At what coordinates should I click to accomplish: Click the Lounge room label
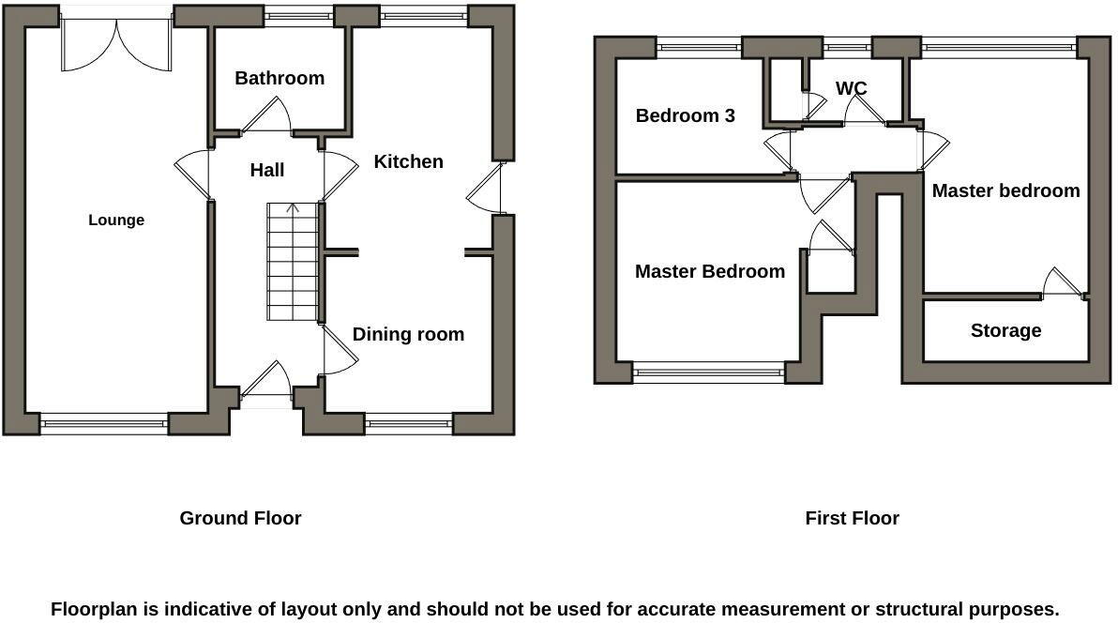click(x=116, y=220)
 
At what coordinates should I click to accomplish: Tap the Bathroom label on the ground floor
click(x=279, y=78)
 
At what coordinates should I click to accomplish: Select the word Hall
click(x=267, y=170)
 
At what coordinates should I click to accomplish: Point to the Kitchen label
click(x=408, y=161)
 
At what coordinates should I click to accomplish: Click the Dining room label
click(x=408, y=335)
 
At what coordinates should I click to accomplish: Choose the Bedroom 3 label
click(x=685, y=115)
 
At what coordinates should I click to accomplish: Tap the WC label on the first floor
click(x=851, y=88)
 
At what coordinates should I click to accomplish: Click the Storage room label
click(x=1005, y=330)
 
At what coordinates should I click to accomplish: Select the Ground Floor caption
click(x=240, y=518)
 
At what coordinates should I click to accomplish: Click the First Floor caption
click(x=852, y=518)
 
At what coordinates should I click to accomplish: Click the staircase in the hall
click(x=293, y=263)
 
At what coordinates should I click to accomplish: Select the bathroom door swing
click(x=267, y=117)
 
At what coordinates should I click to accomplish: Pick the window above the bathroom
click(x=298, y=14)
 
